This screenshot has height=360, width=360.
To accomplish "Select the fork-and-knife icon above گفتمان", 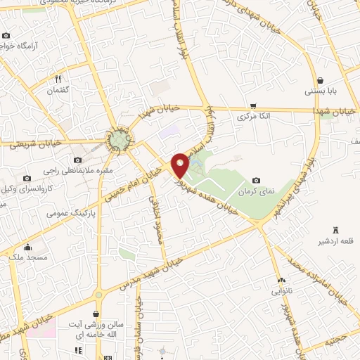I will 58,79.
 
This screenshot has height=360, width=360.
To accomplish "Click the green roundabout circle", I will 120,141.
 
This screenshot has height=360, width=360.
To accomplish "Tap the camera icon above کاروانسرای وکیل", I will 27,178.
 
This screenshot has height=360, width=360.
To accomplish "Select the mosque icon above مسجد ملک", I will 27,247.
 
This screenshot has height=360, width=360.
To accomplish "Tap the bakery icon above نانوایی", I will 281,280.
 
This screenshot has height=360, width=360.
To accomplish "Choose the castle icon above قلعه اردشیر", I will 334,230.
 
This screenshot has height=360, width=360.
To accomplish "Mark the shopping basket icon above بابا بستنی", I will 321,80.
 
